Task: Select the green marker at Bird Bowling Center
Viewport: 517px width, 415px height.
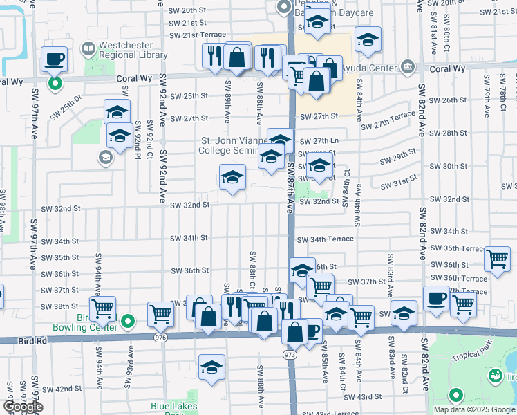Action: coord(127,321)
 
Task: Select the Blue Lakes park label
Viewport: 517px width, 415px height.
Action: coord(174,407)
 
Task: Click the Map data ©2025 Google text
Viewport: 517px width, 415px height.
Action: coord(473,409)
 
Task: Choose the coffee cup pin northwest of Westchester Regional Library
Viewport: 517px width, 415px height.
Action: coord(54,59)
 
